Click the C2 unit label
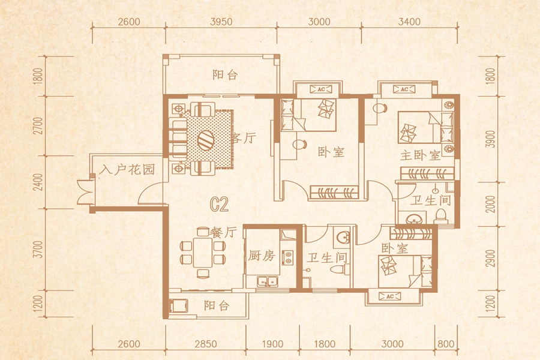219,204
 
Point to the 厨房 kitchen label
262,256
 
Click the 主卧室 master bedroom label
420,155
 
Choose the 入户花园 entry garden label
127,169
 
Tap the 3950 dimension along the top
221,22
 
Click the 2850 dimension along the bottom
206,344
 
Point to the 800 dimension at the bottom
446,344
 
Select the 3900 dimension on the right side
491,139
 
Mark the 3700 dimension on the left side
38,250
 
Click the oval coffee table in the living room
206,140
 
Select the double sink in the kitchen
268,281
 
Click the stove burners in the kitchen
287,257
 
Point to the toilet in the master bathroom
441,216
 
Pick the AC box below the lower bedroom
389,296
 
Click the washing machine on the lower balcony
178,306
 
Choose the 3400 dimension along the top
409,22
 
